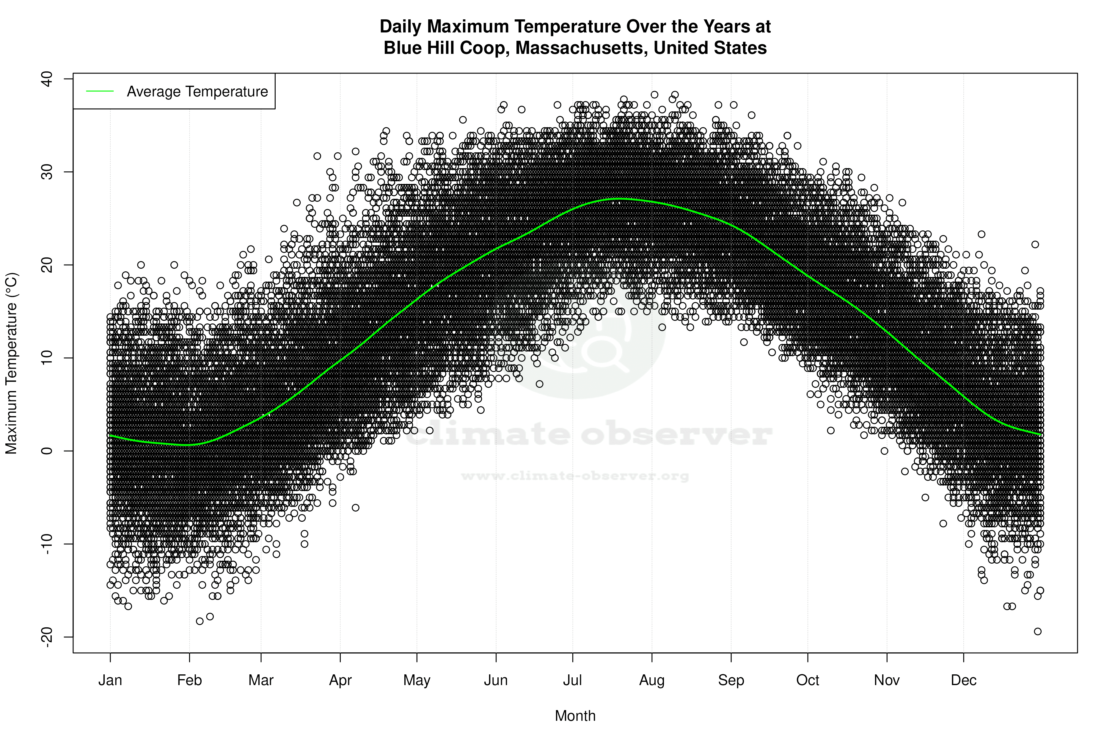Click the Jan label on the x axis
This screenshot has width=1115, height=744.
110,680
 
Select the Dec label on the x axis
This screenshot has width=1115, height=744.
963,680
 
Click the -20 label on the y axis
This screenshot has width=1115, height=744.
46,637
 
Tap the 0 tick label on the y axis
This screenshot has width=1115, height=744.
46,451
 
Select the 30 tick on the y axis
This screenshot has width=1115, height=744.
46,172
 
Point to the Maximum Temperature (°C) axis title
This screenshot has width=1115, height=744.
11,363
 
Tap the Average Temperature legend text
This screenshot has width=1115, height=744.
197,92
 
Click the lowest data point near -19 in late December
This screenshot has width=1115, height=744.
1038,632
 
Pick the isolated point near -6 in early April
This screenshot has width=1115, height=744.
356,508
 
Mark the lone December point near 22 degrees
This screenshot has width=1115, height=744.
1035,244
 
